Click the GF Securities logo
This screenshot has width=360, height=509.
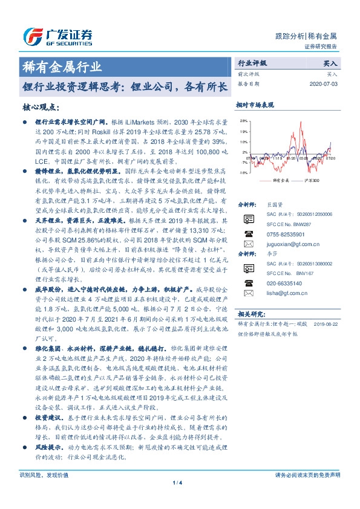[57, 37]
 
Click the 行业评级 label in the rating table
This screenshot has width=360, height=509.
[252, 63]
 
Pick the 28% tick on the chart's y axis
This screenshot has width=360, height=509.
[243, 121]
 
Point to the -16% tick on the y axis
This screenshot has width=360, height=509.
[242, 172]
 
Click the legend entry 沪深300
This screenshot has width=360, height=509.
[310, 181]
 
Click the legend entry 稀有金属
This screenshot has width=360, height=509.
[279, 181]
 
